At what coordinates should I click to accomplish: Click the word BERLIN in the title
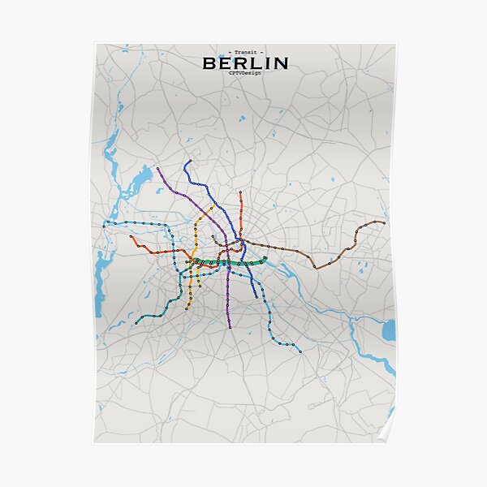coord(244,62)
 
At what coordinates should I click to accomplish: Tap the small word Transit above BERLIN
coord(244,51)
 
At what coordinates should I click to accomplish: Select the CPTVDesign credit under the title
coord(244,73)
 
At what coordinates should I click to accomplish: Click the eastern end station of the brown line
coord(384,222)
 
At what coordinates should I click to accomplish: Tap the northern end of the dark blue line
coord(188,161)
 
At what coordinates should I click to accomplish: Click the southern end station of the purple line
coord(230,327)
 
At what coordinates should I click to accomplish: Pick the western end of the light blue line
coord(104,222)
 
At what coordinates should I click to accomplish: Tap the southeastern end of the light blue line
coord(300,352)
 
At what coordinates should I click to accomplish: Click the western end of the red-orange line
coord(131,237)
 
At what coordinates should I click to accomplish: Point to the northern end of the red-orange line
coord(240,192)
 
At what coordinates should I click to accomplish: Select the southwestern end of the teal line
coord(136,324)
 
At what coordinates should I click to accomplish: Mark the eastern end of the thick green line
coord(265,258)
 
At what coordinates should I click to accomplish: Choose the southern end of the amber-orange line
coord(187,308)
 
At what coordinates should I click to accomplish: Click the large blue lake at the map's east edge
coord(389,330)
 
